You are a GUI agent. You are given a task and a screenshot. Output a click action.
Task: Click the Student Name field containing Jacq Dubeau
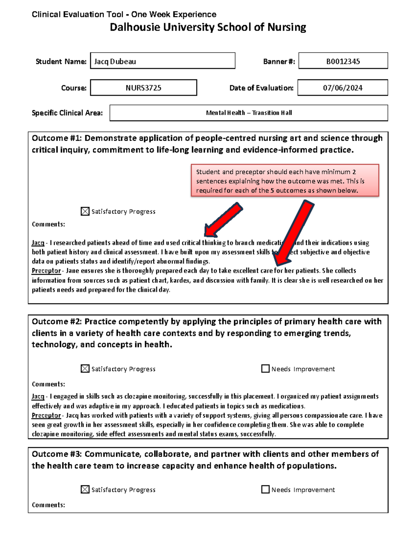click(x=162, y=61)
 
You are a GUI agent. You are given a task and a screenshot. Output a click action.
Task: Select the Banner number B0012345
click(x=343, y=61)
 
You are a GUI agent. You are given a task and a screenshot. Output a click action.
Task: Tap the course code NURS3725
click(x=144, y=88)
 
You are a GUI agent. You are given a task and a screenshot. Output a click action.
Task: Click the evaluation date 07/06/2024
click(x=343, y=88)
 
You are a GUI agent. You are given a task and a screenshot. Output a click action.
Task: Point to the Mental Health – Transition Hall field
click(x=249, y=113)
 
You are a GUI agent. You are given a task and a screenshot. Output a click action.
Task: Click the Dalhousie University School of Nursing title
click(x=208, y=27)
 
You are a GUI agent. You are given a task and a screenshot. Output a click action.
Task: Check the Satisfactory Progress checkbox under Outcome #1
click(x=85, y=211)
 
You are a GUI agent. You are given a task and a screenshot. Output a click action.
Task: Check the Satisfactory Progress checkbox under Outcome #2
click(x=85, y=369)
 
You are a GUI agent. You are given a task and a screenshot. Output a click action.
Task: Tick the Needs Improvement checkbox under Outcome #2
click(x=265, y=369)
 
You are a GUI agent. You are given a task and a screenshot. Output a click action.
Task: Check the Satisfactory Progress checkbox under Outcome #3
click(x=85, y=489)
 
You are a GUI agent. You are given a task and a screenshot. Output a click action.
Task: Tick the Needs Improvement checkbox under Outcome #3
click(x=265, y=489)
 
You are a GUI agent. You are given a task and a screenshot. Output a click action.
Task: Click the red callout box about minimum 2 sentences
click(x=285, y=181)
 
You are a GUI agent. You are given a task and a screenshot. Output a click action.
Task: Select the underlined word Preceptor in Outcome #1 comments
click(x=46, y=271)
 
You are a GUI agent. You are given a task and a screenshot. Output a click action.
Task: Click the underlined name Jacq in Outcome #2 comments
click(x=38, y=396)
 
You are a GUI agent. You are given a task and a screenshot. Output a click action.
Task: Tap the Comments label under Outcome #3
click(x=48, y=505)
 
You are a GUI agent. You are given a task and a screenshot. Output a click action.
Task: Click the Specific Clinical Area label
click(x=67, y=113)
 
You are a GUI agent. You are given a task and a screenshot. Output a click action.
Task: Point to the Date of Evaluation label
click(x=261, y=88)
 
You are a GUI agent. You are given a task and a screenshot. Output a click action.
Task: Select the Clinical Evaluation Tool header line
click(x=124, y=15)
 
